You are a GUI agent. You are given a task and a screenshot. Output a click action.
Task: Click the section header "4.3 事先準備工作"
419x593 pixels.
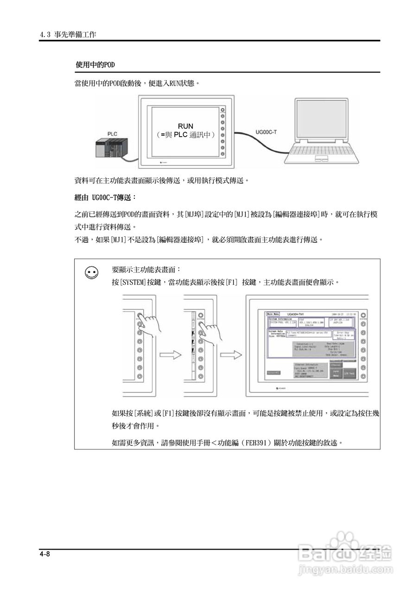tap(68, 35)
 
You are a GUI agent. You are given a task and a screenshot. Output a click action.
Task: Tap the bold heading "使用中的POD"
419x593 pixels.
tap(95, 64)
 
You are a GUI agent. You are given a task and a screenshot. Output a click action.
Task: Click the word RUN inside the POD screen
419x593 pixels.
tap(185, 126)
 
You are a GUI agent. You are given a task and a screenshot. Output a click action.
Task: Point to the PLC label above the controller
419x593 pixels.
tap(112, 134)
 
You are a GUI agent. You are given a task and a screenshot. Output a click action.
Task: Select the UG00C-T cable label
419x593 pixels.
tap(266, 132)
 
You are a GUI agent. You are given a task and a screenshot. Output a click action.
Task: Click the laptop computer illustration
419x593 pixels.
tap(321, 132)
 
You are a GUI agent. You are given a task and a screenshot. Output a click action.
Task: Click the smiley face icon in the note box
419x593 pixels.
tap(92, 273)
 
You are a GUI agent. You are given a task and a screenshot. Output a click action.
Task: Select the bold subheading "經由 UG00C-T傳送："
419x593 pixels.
tap(105, 198)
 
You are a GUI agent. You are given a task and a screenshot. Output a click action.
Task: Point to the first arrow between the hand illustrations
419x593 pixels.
tap(170, 355)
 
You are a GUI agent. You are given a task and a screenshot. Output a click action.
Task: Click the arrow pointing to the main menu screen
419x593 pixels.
tap(231, 355)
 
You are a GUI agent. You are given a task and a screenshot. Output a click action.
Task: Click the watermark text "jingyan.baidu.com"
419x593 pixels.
tap(345, 569)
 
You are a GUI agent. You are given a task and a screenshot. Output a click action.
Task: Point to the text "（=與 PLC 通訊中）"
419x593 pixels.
tap(185, 135)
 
